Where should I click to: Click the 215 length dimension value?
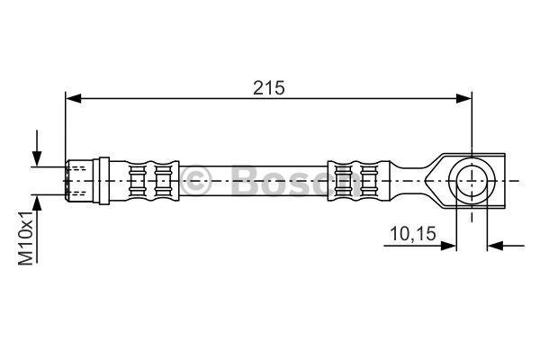coord(269,88)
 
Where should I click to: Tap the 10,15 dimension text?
coord(413,234)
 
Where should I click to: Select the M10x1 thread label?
coord(25,238)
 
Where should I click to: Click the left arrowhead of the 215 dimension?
coord(74,98)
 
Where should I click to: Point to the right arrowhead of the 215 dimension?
coord(463,98)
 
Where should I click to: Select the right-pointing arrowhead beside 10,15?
coord(448,246)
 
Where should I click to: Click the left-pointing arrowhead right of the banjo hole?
coord(495,246)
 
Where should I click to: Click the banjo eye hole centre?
coord(472,181)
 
